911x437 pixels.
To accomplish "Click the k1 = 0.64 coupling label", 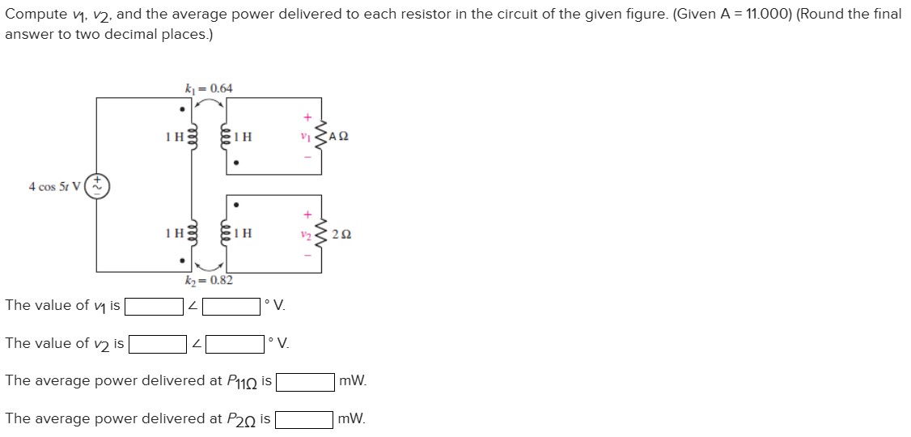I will [209, 87].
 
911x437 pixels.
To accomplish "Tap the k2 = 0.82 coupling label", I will [209, 280].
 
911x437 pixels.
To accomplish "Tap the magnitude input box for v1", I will [154, 306].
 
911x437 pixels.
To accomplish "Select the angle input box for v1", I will [231, 306].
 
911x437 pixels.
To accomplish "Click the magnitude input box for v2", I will [157, 344].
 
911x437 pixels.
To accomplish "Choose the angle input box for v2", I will [235, 344].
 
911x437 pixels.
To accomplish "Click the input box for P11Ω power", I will [306, 381].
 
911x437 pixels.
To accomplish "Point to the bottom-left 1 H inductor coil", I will [192, 233].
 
